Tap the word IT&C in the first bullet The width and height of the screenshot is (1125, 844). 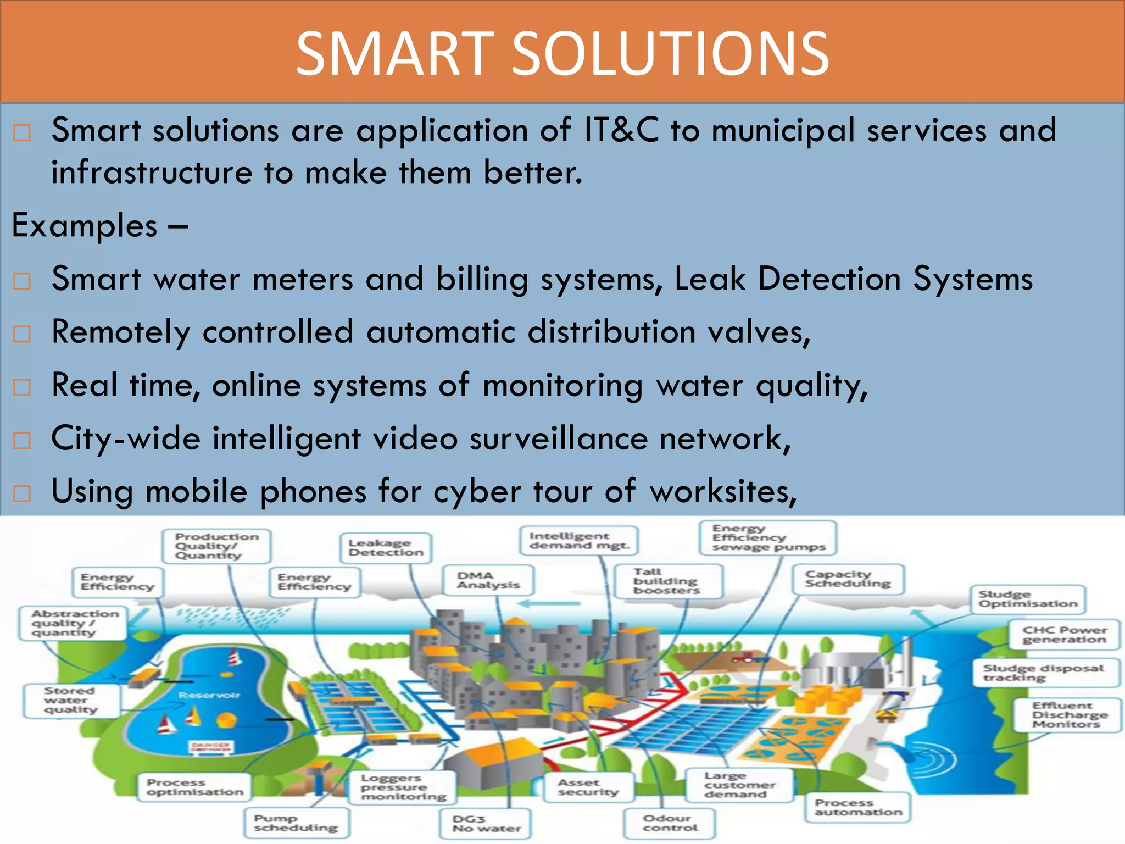[621, 130]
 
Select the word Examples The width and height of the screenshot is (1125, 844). [85, 225]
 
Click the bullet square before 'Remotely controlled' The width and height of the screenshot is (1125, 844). [22, 334]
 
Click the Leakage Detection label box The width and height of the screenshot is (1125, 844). [386, 547]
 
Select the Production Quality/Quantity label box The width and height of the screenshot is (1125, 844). [216, 546]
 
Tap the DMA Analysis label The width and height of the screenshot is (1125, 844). [488, 580]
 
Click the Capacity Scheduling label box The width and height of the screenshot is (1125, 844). [848, 579]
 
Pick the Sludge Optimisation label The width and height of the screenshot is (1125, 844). [1028, 599]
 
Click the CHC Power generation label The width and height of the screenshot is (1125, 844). [1064, 635]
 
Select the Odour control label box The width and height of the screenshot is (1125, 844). [670, 823]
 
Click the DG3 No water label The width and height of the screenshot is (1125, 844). [486, 823]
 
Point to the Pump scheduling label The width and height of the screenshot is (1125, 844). [296, 823]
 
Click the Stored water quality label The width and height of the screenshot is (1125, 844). [71, 700]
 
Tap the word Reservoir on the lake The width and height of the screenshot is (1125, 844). [209, 695]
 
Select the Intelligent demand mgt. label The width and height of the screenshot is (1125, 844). [579, 540]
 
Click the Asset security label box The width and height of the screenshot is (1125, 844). [588, 787]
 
